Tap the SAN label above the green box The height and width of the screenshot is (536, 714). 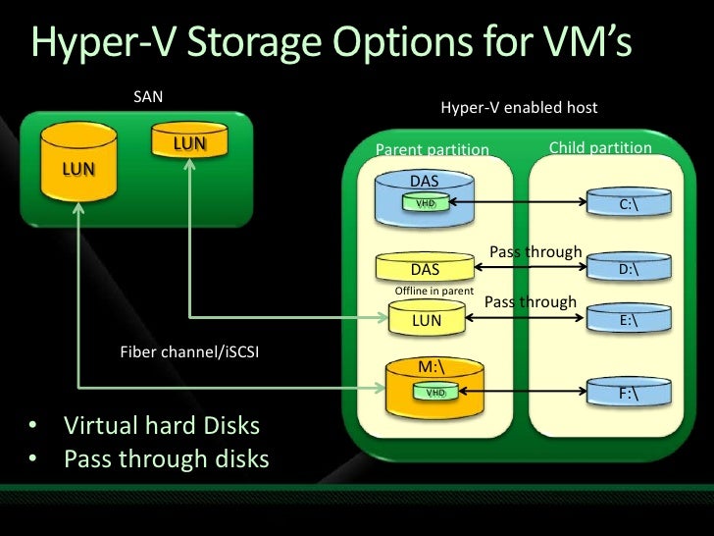[x=148, y=97]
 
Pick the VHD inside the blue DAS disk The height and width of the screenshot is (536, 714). [x=426, y=203]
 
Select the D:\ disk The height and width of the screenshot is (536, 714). [x=629, y=268]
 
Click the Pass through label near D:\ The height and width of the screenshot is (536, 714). [x=535, y=252]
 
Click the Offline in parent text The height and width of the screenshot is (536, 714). [x=433, y=292]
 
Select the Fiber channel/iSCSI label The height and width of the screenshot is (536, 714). [x=188, y=352]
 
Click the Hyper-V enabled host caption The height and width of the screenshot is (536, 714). [x=519, y=108]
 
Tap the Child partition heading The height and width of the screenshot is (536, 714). [x=599, y=148]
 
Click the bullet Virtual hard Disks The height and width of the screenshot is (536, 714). [x=162, y=427]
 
